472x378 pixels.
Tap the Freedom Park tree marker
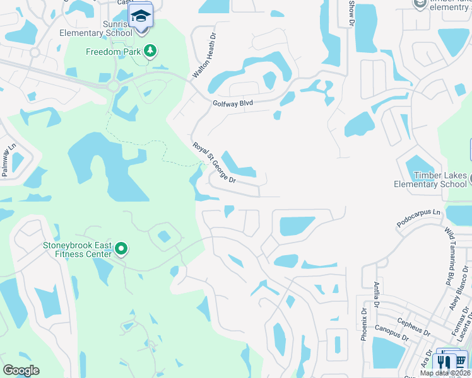150,50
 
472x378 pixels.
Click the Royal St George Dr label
214,163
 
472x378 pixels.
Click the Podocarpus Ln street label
418,217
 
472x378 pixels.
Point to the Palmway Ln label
8,161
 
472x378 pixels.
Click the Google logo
21,370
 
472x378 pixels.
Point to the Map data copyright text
445,373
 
